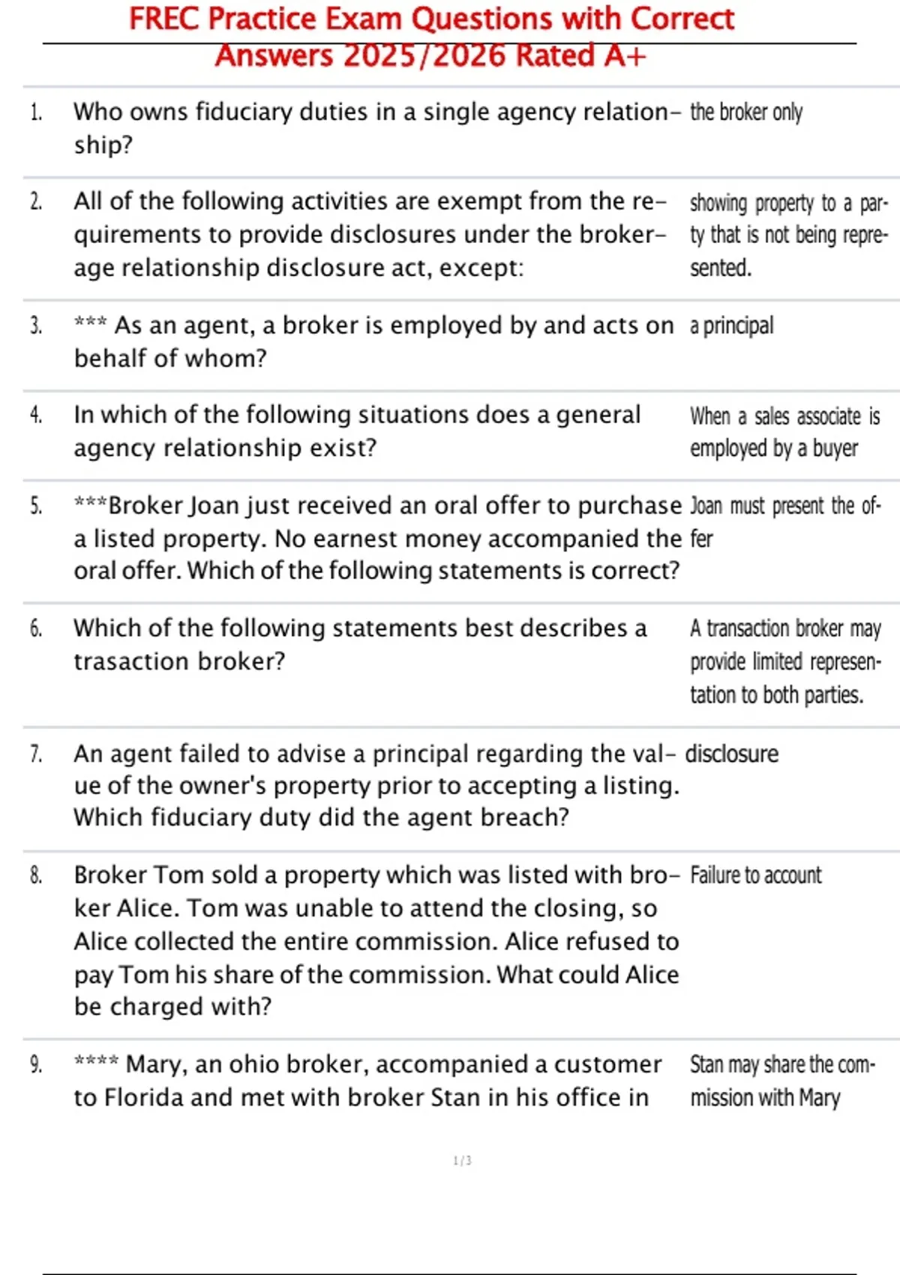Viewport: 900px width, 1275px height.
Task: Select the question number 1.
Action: point(35,112)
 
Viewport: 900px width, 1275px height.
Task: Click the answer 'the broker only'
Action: point(745,112)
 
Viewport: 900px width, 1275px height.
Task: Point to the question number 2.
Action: point(35,202)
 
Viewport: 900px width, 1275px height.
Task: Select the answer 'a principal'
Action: point(731,325)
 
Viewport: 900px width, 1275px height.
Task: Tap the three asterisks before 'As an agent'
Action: point(90,323)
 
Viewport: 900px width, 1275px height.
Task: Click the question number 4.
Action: point(35,415)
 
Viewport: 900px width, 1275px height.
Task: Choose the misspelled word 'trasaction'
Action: point(130,661)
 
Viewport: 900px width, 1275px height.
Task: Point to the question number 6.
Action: point(35,628)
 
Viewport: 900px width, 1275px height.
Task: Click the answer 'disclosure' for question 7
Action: point(731,754)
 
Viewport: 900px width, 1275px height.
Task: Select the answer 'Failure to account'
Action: point(755,875)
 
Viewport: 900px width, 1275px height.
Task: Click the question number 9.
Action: point(35,1064)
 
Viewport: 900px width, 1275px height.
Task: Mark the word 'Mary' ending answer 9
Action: point(819,1098)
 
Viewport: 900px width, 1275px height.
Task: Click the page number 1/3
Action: point(462,1161)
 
